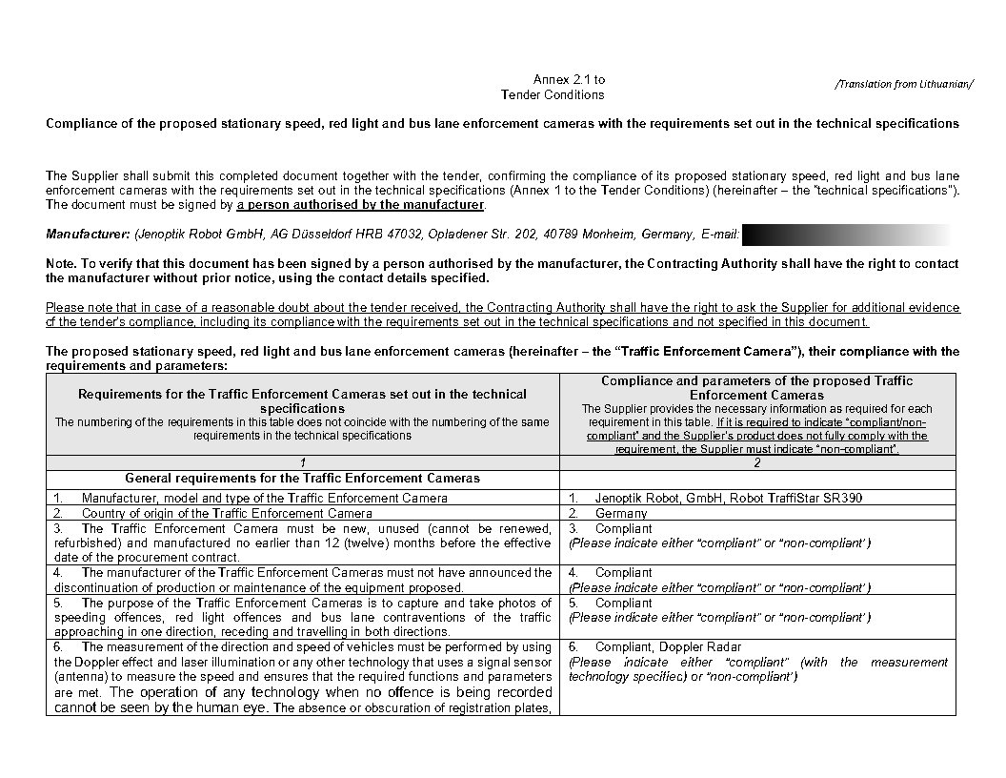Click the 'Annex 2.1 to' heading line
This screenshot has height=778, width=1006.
(569, 79)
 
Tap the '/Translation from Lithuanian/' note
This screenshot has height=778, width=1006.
(904, 84)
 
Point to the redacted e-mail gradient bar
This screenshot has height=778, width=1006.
(846, 235)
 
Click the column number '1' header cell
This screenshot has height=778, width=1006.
(302, 462)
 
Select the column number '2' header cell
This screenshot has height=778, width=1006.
(757, 462)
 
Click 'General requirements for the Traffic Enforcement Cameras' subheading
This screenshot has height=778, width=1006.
(302, 478)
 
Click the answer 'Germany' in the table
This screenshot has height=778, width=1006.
(621, 513)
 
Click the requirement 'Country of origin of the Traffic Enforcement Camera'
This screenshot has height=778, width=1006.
(227, 513)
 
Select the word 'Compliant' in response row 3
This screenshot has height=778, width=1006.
(623, 528)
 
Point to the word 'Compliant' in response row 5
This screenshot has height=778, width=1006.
(623, 603)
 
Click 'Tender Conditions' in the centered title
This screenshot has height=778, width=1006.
(553, 94)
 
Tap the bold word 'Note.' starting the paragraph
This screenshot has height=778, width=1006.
(63, 264)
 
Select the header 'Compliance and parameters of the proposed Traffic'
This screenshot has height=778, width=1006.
(756, 380)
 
